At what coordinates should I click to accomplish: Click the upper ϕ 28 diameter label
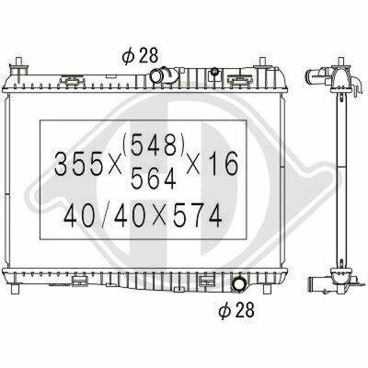point(140,56)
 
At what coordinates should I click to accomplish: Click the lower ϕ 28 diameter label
point(236,310)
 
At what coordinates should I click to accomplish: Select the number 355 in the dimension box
point(78,164)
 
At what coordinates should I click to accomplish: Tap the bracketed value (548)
point(154,144)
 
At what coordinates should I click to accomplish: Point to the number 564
point(154,178)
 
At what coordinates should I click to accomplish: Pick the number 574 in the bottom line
point(197,215)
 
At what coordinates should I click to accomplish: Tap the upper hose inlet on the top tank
point(163,75)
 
